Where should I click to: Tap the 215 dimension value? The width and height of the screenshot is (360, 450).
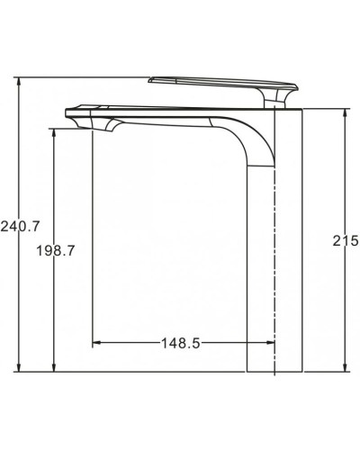point(346,240)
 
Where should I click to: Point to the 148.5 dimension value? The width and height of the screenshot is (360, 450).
point(180,343)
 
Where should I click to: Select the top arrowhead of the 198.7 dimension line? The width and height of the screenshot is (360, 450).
point(54,130)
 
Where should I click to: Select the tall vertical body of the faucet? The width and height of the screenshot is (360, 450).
point(274,270)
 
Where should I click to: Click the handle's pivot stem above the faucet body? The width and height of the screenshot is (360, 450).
point(276,99)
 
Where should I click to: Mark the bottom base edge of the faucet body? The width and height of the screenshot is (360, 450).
point(274,370)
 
